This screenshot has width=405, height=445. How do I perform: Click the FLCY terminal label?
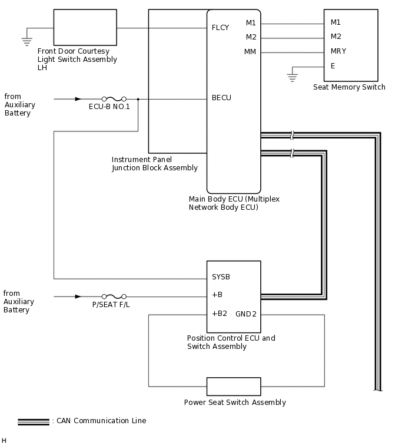tap(220, 28)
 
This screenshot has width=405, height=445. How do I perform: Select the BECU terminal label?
tap(221, 98)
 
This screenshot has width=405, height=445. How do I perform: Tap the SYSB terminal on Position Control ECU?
tap(221, 277)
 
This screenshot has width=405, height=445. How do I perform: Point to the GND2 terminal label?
tap(246, 314)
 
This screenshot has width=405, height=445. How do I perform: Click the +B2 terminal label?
tap(219, 314)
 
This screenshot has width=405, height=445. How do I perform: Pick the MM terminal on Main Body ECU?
tap(250, 52)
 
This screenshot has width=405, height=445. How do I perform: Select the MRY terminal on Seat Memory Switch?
tap(338, 51)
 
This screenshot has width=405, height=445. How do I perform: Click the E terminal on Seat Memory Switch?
tap(333, 66)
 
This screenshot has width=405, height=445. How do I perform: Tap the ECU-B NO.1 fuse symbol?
tap(114, 99)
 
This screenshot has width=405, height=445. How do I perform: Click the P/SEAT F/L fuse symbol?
tap(114, 297)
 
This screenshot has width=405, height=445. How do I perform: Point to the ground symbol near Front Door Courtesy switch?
tap(26, 41)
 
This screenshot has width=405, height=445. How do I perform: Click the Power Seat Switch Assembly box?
tap(234, 387)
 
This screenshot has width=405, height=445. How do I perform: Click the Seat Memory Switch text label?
tap(349, 87)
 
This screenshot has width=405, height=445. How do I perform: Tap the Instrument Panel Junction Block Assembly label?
tap(154, 164)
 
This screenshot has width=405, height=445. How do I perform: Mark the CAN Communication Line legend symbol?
tap(34, 421)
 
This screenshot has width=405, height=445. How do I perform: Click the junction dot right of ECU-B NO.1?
tap(138, 99)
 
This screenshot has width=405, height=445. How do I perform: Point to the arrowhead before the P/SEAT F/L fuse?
tap(78, 297)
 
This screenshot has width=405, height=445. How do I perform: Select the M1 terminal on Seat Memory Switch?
tap(336, 22)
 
